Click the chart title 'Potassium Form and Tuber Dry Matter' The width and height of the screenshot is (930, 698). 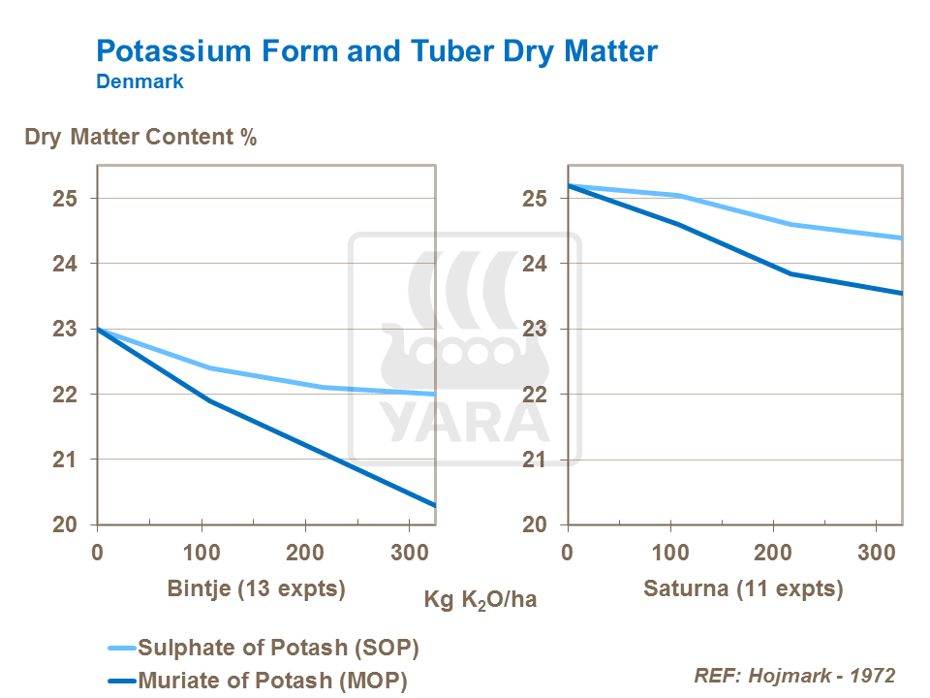[x=377, y=51]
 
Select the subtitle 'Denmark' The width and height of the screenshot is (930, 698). [x=139, y=82]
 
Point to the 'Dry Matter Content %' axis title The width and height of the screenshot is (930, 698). [x=140, y=137]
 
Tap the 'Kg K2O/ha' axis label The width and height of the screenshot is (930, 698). [x=480, y=599]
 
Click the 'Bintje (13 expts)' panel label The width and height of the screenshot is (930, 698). [x=257, y=588]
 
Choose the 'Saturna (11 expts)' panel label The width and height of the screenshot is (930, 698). [x=742, y=588]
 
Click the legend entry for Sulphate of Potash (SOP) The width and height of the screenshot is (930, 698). [x=279, y=647]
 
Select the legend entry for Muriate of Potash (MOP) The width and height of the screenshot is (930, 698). [x=272, y=681]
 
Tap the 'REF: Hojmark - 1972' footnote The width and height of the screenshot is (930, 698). [x=794, y=676]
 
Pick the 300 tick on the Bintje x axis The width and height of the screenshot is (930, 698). [x=411, y=553]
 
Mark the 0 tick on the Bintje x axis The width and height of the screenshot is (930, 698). [x=97, y=553]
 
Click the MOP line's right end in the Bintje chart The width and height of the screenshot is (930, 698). [x=434, y=505]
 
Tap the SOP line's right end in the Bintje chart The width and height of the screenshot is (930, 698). [x=434, y=394]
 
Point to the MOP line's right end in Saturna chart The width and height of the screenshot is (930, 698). [x=902, y=293]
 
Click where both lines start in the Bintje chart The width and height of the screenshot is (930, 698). [x=98, y=330]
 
